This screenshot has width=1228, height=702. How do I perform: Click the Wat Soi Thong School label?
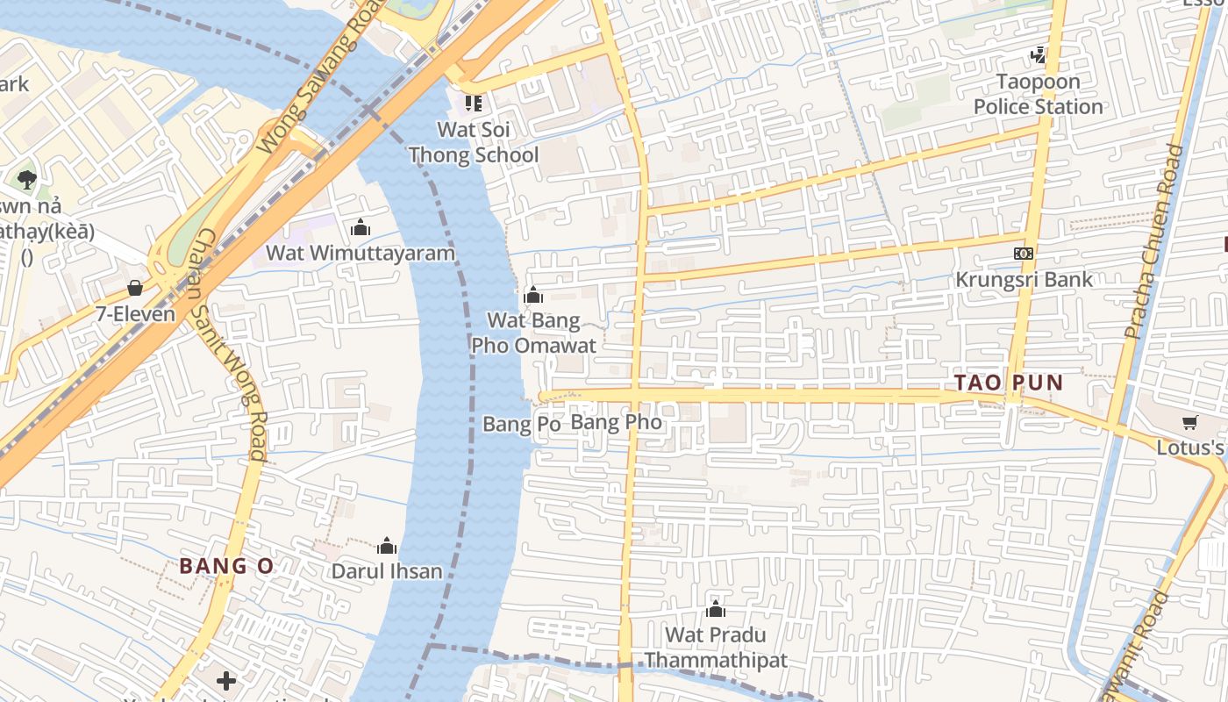click(474, 142)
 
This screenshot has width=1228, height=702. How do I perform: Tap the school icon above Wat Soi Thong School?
click(474, 104)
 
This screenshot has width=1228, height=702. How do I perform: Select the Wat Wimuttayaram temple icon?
click(360, 228)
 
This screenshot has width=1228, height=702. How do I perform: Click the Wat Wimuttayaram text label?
click(361, 254)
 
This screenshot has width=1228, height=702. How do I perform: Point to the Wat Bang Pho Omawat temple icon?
click(532, 295)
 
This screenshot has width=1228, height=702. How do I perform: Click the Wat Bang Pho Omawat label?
click(533, 333)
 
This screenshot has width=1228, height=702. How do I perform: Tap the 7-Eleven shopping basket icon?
click(135, 288)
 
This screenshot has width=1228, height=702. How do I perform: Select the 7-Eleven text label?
click(136, 313)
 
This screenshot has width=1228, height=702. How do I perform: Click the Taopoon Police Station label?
click(1039, 94)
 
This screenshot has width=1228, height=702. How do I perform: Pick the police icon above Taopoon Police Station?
click(1039, 56)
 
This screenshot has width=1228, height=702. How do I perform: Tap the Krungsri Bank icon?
click(1023, 254)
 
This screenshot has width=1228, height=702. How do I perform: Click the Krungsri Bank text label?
click(1024, 280)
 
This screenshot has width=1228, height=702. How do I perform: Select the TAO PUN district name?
click(1009, 383)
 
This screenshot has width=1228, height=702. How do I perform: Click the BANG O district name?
click(227, 566)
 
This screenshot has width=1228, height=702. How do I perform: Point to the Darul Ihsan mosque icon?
click(387, 546)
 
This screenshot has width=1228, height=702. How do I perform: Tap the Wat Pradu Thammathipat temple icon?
click(716, 609)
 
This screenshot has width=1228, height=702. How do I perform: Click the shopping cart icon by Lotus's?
click(1190, 423)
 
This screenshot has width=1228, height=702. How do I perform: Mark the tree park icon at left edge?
click(26, 180)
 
